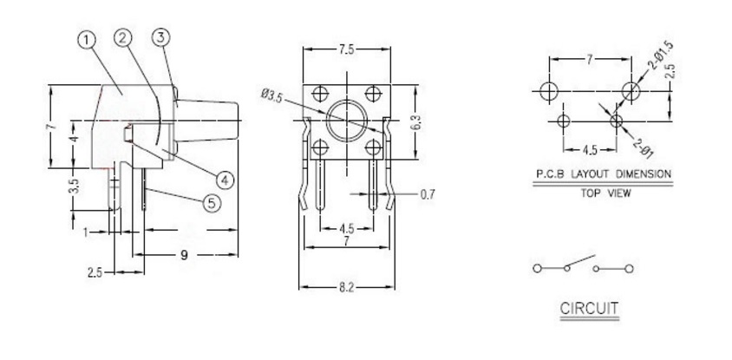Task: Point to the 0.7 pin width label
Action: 427,194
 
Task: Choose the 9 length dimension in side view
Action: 185,255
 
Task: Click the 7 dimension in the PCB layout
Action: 590,59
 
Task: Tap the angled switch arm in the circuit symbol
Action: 580,261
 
